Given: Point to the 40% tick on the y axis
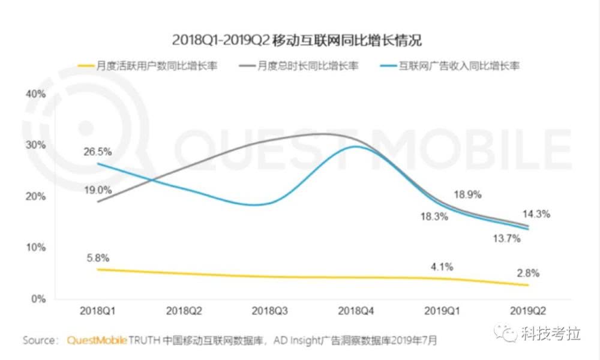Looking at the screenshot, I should (x=35, y=94).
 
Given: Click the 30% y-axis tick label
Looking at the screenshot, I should (x=35, y=145).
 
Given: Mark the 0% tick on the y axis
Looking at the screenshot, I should (x=38, y=299).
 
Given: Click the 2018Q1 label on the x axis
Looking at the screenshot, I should (x=98, y=311).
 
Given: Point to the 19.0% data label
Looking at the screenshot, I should (x=98, y=190).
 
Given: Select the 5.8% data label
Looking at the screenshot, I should (x=98, y=259).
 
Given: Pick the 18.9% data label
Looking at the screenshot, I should (x=467, y=195).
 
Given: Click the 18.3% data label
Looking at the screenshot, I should (x=434, y=217).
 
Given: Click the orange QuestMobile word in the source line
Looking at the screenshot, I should (x=96, y=341).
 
